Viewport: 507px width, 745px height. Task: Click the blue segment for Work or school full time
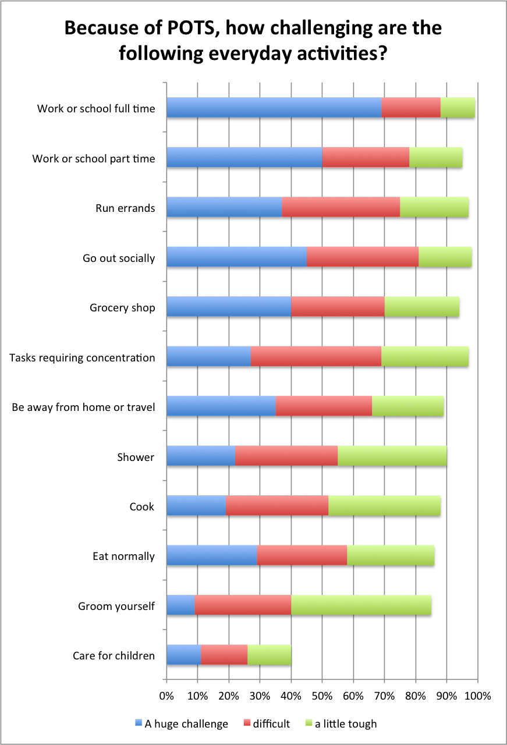[x=274, y=108]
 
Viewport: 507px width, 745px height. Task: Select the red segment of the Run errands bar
[x=341, y=207]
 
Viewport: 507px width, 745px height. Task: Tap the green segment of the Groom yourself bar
[x=361, y=606]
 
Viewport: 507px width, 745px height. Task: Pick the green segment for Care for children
[x=269, y=655]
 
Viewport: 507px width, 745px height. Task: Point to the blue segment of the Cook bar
[x=196, y=506]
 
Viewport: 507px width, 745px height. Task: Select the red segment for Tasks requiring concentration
[x=315, y=356]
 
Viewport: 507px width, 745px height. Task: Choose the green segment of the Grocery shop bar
[x=421, y=307]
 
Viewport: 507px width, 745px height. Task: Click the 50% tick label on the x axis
[x=322, y=696]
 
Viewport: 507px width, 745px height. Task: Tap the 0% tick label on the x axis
[x=166, y=696]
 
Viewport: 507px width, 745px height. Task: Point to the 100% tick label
[x=477, y=696]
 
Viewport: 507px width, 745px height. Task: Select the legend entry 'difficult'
[x=268, y=724]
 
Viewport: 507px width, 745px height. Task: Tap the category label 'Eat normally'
[x=123, y=556]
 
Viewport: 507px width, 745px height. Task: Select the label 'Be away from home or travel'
[x=83, y=407]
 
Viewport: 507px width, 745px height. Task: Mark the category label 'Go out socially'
[x=119, y=257]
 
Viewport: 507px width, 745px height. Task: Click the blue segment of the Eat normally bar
[x=211, y=556]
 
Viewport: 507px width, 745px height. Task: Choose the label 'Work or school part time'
[x=94, y=158]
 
